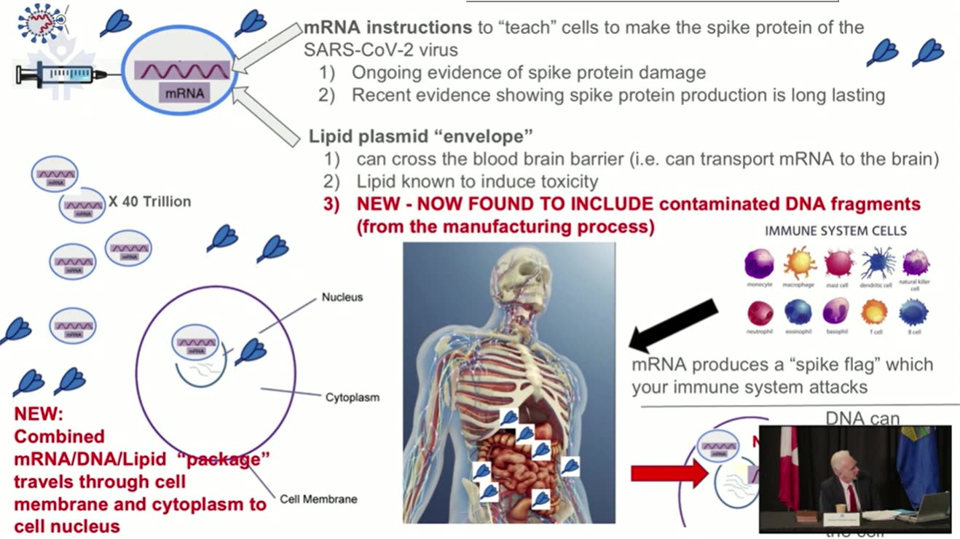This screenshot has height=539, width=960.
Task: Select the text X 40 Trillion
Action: click(x=149, y=202)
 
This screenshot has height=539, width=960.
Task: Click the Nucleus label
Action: click(x=342, y=297)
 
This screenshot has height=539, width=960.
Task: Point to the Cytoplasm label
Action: click(x=352, y=398)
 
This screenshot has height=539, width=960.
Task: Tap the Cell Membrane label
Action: click(x=318, y=500)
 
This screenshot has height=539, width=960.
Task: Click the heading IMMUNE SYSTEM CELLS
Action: click(x=835, y=231)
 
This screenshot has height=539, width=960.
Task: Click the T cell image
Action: click(x=874, y=312)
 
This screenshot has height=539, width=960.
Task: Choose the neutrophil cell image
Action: click(x=760, y=313)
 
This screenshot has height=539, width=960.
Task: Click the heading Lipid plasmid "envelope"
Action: click(x=421, y=136)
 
